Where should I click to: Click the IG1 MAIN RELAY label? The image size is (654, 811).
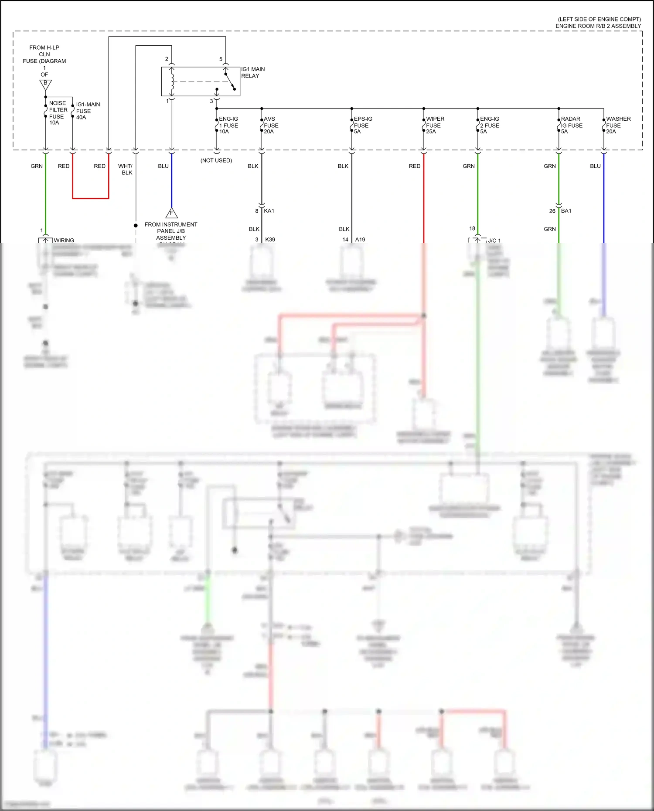pos(252,72)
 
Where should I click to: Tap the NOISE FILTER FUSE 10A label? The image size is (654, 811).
pos(58,113)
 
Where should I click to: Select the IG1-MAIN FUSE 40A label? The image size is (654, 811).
pos(87,111)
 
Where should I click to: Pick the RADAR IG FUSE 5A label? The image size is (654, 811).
pos(571,125)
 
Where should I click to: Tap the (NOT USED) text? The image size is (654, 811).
pos(216,160)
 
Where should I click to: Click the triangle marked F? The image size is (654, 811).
pos(171,214)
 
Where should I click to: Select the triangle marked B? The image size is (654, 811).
pos(45,84)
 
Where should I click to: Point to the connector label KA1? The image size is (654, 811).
pos(269,211)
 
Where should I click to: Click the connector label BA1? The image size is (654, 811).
pos(566,211)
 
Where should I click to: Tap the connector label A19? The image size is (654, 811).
pos(360,240)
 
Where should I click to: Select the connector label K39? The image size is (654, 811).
pos(270,240)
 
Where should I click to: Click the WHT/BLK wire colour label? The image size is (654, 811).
pos(126,169)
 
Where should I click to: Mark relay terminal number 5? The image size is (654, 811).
pos(221,59)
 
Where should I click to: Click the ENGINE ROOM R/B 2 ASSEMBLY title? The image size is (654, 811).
pos(598,26)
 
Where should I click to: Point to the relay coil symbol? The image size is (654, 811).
pos(172,81)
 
